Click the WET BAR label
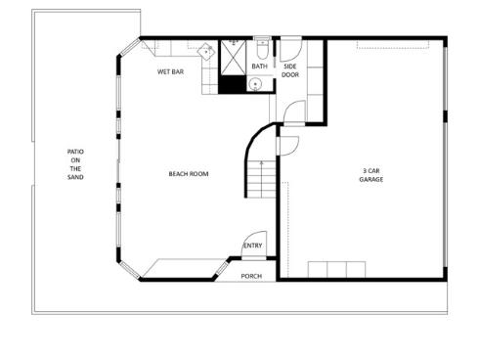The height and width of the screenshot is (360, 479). click(x=172, y=72)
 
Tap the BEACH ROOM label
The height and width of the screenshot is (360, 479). click(x=189, y=174)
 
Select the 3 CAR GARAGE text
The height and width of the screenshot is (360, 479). click(x=370, y=174)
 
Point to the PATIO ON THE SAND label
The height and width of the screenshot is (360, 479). click(x=75, y=164)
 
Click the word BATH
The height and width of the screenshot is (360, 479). click(x=259, y=67)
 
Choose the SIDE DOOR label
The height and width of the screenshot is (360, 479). click(x=290, y=70)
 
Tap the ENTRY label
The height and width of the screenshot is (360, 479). click(x=252, y=246)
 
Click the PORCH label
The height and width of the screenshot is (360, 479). click(x=252, y=276)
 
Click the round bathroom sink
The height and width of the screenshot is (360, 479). click(x=254, y=84)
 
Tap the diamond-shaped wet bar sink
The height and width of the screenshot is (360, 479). click(x=206, y=52)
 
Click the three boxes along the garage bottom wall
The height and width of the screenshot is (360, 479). click(x=336, y=270)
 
